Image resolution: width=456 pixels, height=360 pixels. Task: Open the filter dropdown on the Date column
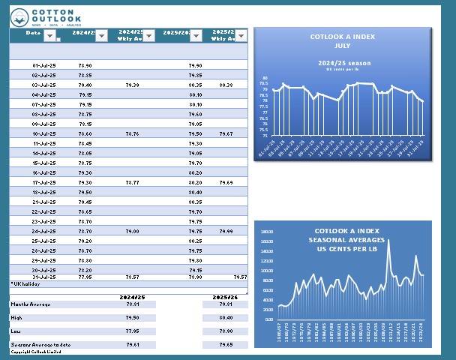49,35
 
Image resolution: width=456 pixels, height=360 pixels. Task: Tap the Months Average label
31,304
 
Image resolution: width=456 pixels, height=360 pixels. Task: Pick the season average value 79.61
132,343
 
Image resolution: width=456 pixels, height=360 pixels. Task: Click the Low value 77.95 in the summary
132,330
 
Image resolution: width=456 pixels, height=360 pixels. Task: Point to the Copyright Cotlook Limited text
35,350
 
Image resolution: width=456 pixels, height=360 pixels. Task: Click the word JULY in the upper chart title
342,46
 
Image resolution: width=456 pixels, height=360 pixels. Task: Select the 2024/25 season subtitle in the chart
342,62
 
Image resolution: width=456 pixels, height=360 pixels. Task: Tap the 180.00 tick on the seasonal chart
267,241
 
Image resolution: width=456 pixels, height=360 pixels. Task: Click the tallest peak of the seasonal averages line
388,240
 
